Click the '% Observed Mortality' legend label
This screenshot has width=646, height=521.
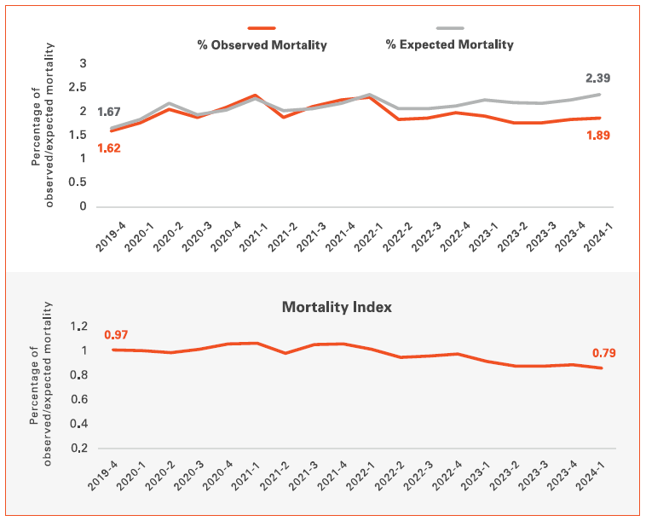262,44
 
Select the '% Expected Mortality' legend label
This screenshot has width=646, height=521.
449,44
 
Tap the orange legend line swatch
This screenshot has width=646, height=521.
262,28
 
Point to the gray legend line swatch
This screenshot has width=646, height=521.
449,28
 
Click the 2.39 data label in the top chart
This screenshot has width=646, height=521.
597,78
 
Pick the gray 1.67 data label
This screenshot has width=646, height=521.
109,113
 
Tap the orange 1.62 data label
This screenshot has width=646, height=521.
109,148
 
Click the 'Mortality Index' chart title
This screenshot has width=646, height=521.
337,307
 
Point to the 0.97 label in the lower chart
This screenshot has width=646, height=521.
116,335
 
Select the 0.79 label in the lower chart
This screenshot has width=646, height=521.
604,353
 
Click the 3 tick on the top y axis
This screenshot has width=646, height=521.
84,63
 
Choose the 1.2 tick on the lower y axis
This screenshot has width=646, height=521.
79,326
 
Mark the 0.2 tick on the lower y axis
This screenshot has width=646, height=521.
79,448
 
